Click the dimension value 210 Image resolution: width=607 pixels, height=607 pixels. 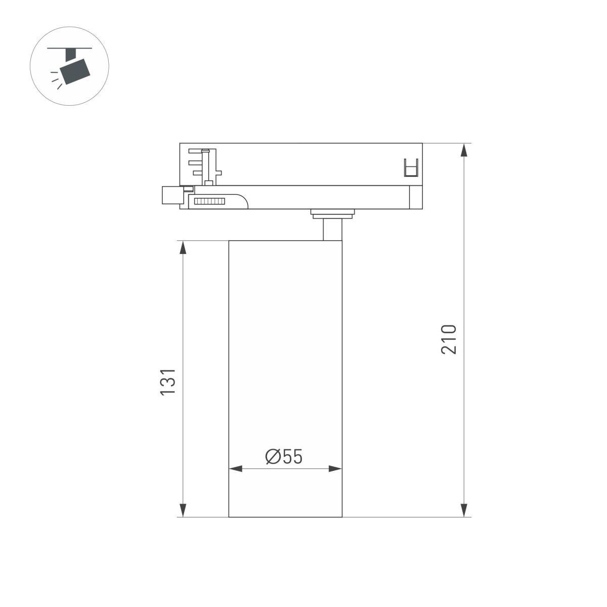click(x=449, y=339)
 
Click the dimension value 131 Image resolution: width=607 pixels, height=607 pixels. click(x=168, y=382)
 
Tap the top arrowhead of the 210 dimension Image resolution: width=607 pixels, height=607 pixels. click(x=464, y=150)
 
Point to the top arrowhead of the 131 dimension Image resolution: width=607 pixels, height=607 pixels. click(x=183, y=247)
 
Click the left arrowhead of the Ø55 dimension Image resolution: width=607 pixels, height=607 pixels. click(x=236, y=469)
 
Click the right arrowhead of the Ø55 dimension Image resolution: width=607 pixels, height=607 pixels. click(x=335, y=469)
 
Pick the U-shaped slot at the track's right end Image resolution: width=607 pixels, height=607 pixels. click(x=412, y=168)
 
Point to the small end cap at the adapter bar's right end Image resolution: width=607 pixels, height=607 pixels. click(x=415, y=197)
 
